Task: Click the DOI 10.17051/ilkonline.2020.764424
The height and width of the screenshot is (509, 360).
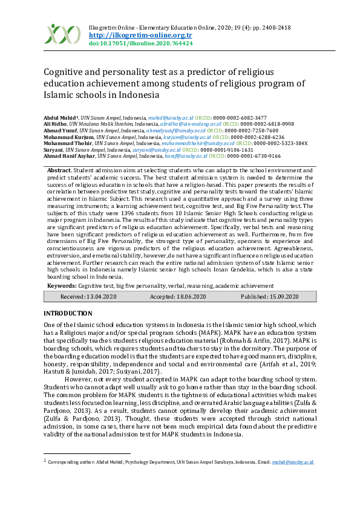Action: click(x=140, y=44)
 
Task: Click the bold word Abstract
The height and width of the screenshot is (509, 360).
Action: click(x=59, y=171)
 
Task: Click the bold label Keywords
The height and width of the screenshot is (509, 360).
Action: click(x=62, y=285)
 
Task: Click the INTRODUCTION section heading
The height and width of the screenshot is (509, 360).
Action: click(x=68, y=313)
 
